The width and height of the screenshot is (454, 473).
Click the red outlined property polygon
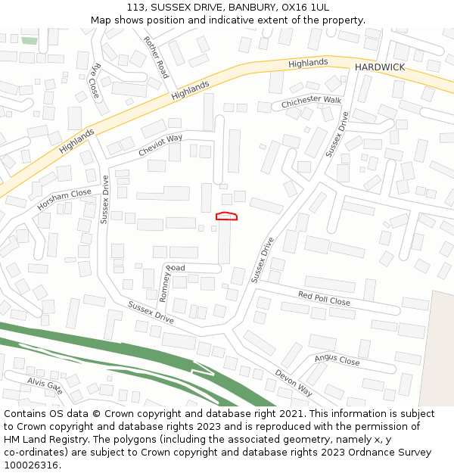click(226, 216)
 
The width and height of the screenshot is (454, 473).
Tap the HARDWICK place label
click(380, 67)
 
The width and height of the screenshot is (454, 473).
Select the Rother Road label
click(156, 57)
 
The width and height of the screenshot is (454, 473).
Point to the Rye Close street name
click(95, 80)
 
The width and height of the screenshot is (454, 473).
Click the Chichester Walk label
click(312, 101)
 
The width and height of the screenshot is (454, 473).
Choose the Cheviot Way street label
click(160, 145)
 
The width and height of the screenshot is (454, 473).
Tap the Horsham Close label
click(64, 199)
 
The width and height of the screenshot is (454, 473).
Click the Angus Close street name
click(337, 360)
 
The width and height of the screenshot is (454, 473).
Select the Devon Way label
click(294, 383)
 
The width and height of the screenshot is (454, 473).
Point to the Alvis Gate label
click(45, 386)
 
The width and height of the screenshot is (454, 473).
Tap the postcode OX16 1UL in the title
click(306, 7)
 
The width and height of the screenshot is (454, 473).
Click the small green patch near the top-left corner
click(29, 40)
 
